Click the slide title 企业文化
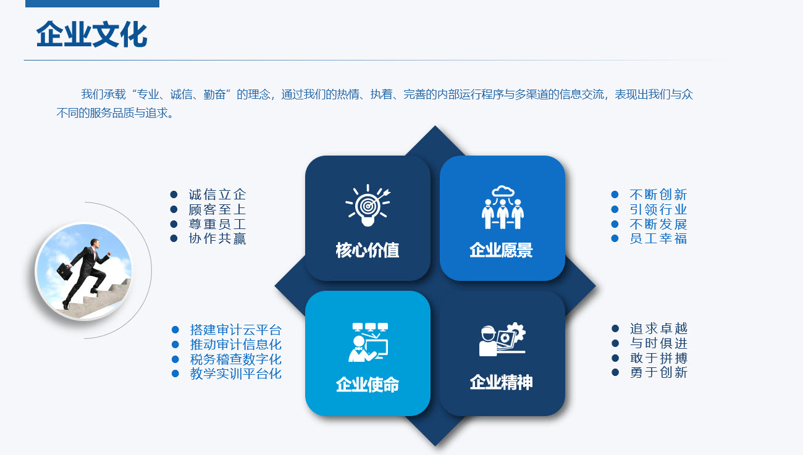tap(92, 34)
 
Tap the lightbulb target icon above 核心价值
tap(368, 206)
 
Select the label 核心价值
tap(368, 250)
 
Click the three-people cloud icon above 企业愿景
tap(503, 207)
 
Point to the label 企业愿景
tap(501, 250)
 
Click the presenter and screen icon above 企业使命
tap(368, 343)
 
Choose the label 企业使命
tap(368, 385)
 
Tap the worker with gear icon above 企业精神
tap(503, 339)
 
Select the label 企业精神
tap(501, 382)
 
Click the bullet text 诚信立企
tap(217, 194)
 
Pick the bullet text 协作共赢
tap(217, 238)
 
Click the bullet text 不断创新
tap(658, 194)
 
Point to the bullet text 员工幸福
tap(658, 238)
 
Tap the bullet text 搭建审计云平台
tap(236, 330)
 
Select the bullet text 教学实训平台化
tap(236, 374)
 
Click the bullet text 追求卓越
tap(659, 328)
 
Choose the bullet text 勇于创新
tap(659, 373)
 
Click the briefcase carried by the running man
tap(64, 271)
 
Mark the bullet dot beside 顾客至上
tap(174, 209)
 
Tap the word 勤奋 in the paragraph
tap(214, 94)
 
